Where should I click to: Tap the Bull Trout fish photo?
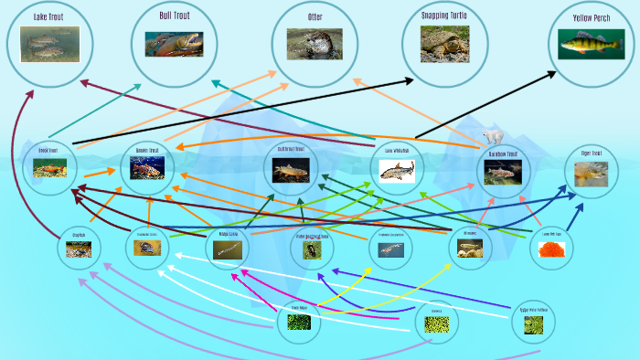[174, 44]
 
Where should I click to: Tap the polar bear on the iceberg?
[494, 136]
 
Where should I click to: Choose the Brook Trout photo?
[49, 168]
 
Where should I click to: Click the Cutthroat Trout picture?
[292, 169]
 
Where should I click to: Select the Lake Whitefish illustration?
[397, 170]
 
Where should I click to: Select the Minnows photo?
[469, 249]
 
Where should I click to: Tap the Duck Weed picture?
[299, 322]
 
